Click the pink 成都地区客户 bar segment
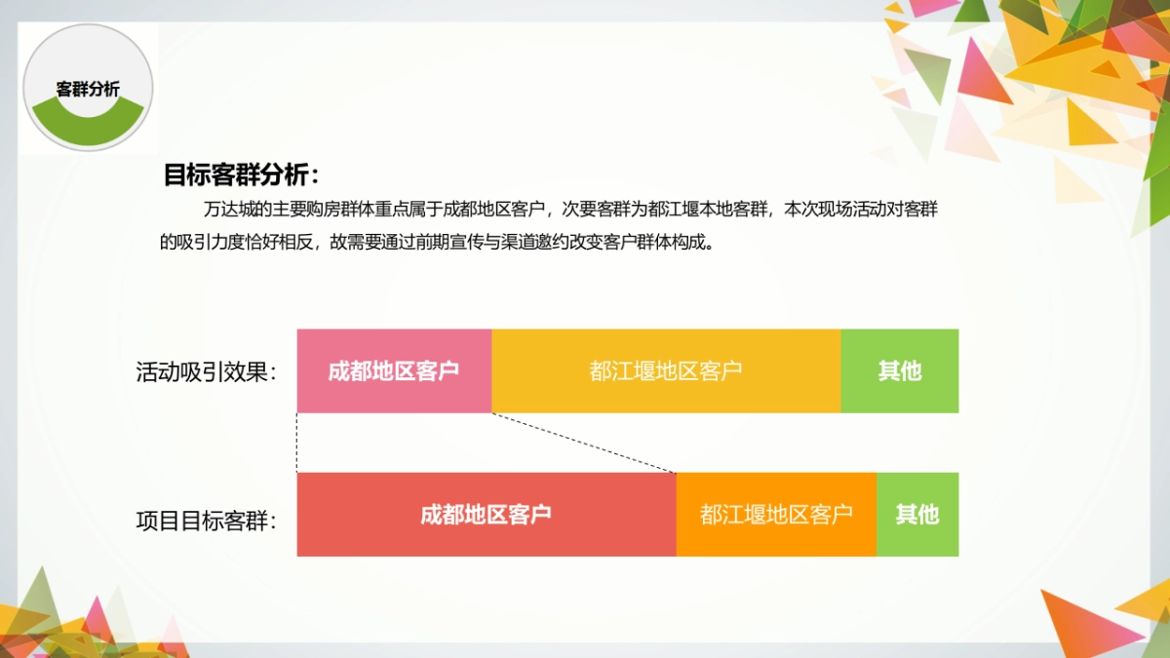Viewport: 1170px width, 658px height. point(394,371)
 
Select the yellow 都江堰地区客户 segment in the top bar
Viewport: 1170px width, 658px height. point(666,371)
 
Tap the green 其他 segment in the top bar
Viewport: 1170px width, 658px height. point(899,371)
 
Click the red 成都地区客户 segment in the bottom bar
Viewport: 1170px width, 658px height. point(486,515)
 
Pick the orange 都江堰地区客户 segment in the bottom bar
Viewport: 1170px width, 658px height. point(776,515)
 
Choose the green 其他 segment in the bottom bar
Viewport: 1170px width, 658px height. point(916,515)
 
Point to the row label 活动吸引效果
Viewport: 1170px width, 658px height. point(206,372)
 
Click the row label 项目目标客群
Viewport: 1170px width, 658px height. point(206,520)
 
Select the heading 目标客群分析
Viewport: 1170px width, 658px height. point(241,175)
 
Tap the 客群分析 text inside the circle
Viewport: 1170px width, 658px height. point(88,90)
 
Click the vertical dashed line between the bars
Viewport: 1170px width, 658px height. point(297,443)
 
